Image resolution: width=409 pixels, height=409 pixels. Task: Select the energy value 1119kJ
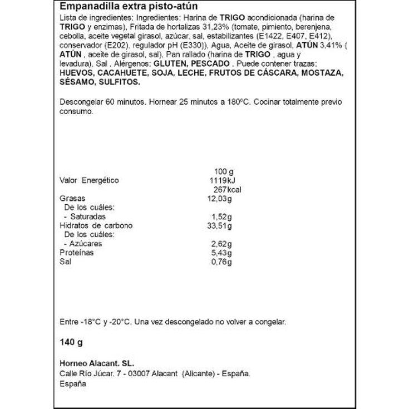click(220, 180)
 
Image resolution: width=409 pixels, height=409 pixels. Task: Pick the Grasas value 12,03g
click(219, 198)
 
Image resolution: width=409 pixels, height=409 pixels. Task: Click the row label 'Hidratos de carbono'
click(96, 225)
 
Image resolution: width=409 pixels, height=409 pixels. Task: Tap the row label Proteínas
click(77, 253)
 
